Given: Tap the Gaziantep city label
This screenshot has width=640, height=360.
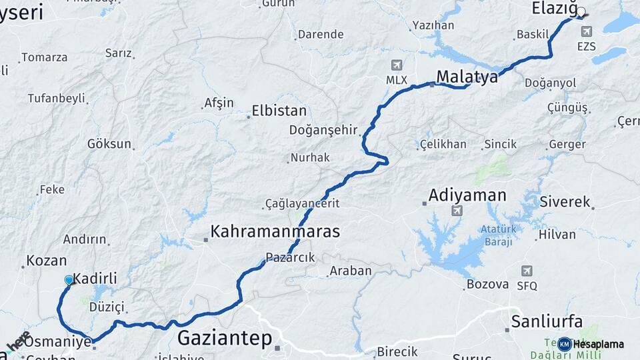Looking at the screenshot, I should [225, 338].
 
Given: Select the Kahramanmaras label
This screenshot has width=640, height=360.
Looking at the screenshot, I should [275, 231].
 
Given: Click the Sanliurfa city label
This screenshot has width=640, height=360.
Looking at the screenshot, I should [547, 321].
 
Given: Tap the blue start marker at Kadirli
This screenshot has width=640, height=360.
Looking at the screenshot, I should [69, 281].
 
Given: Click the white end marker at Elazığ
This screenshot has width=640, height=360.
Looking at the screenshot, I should [581, 12].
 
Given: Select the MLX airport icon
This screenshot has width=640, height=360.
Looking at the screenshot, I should [397, 65].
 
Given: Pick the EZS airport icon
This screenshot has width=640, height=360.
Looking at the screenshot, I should [586, 31].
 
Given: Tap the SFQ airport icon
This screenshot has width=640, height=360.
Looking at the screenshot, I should [527, 271].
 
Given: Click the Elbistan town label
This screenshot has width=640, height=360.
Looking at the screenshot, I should [279, 111].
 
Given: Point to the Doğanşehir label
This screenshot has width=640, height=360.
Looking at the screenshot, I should [323, 130].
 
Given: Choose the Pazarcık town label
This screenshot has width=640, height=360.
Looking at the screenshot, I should [290, 257].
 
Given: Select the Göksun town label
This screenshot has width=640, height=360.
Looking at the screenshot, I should [109, 144].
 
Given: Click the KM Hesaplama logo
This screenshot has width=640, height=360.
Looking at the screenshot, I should [591, 344].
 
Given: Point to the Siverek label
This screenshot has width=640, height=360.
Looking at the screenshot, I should [565, 201].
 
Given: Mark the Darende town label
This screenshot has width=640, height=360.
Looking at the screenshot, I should [320, 34].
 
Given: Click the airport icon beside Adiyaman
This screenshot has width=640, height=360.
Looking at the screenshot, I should [457, 211].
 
